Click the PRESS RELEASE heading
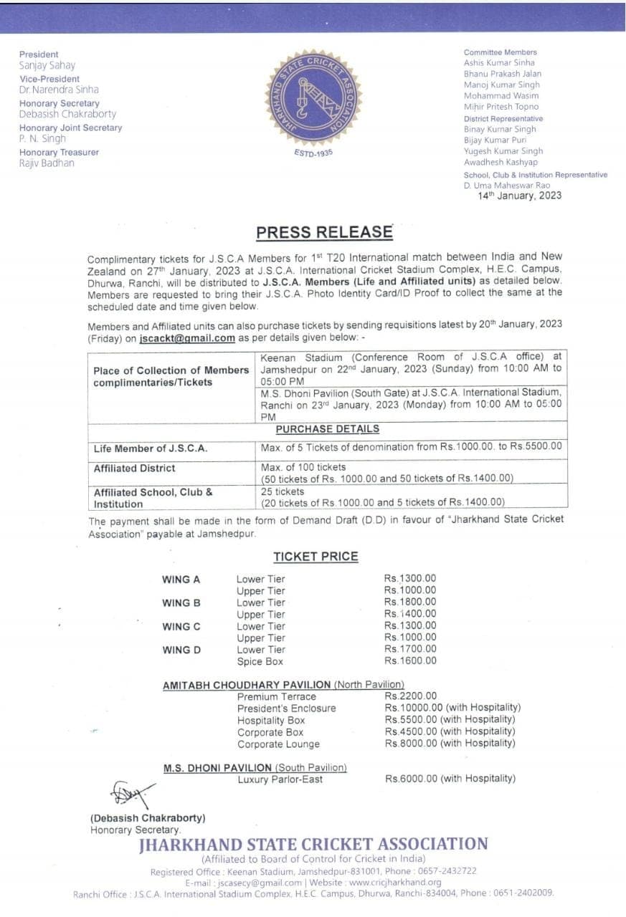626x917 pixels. click(324, 232)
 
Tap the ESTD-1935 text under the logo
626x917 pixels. click(314, 153)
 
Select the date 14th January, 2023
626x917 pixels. click(520, 196)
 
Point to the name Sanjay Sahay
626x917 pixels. click(47, 65)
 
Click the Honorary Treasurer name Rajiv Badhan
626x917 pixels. click(47, 163)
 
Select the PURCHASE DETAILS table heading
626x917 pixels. click(327, 429)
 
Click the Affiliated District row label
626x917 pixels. click(134, 468)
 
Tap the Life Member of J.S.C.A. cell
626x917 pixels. click(151, 448)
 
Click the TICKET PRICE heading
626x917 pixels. click(316, 557)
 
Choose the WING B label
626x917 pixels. click(181, 602)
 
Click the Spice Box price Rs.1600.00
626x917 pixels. click(410, 661)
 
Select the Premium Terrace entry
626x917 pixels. click(276, 696)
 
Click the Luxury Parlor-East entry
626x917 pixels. click(280, 779)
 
